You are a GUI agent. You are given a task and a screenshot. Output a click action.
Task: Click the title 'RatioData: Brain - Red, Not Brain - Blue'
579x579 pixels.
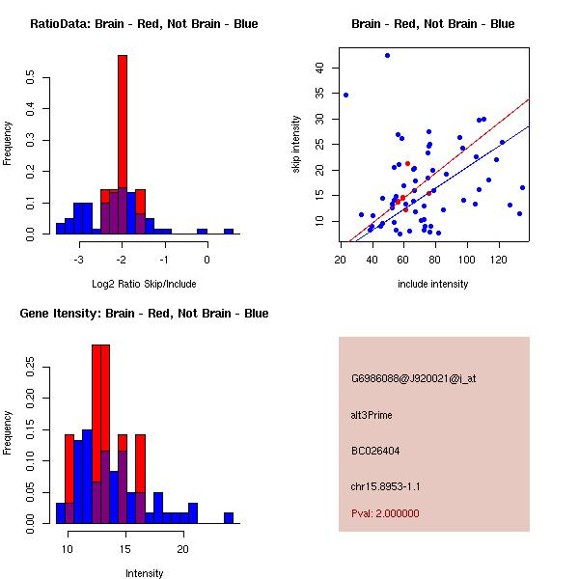pyautogui.click(x=144, y=24)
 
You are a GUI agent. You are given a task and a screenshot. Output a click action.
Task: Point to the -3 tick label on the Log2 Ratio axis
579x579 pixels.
pyautogui.click(x=78, y=260)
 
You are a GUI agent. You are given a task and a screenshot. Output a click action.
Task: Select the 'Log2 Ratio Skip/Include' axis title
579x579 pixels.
pyautogui.click(x=142, y=284)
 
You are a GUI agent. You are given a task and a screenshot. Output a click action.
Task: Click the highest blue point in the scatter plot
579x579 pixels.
pyautogui.click(x=387, y=56)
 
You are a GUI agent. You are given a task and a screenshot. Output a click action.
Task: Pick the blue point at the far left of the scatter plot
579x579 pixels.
pyautogui.click(x=345, y=95)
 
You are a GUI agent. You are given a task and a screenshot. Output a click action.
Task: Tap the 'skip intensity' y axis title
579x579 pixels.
pyautogui.click(x=296, y=145)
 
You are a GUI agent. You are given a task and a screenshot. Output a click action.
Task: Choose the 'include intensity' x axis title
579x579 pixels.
pyautogui.click(x=432, y=284)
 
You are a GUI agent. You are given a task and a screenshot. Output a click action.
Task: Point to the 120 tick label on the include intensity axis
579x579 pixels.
pyautogui.click(x=499, y=260)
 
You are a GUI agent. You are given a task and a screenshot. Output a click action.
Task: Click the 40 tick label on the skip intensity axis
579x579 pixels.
pyautogui.click(x=320, y=68)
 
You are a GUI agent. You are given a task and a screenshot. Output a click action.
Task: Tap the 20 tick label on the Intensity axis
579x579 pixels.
pyautogui.click(x=182, y=549)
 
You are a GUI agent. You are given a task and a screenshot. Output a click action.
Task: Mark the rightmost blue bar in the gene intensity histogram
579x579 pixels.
pyautogui.click(x=229, y=518)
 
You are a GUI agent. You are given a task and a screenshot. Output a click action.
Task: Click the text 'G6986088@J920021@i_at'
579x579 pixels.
pyautogui.click(x=413, y=378)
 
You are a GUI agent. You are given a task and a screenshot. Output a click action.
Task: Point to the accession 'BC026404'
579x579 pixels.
pyautogui.click(x=375, y=451)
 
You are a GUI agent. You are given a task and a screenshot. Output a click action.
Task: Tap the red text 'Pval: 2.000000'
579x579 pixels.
pyautogui.click(x=385, y=513)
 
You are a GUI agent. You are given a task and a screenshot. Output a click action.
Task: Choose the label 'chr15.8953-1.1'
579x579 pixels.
pyautogui.click(x=385, y=486)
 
